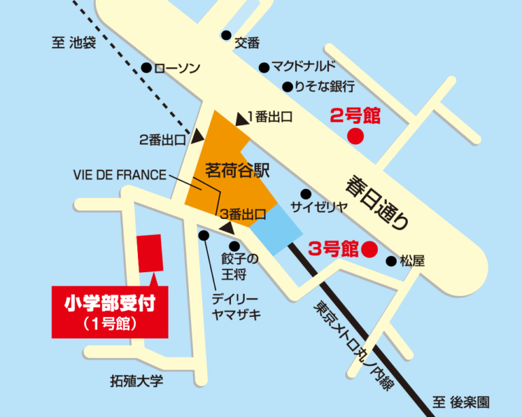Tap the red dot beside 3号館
pyautogui.click(x=368, y=249)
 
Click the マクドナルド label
pyautogui.click(x=303, y=67)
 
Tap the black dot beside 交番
pyautogui.click(x=226, y=35)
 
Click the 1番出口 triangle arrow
pyautogui.click(x=241, y=118)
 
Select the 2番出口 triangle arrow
pyautogui.click(x=196, y=137)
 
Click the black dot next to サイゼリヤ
pyautogui.click(x=305, y=194)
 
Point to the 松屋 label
pyautogui.click(x=413, y=261)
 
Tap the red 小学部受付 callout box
pyautogui.click(x=109, y=311)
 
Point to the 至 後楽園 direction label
pyautogui.click(x=460, y=402)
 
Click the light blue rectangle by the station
pyautogui.click(x=277, y=230)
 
